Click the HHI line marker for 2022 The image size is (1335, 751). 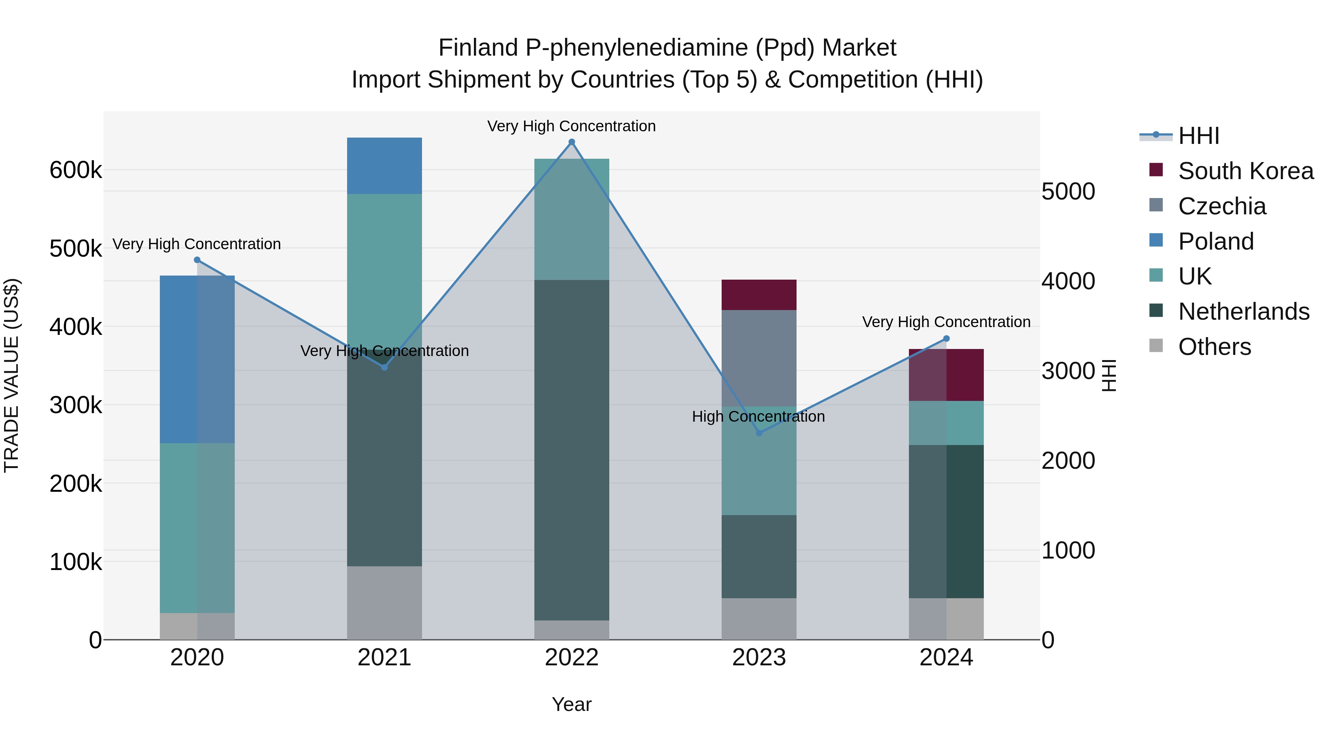(571, 142)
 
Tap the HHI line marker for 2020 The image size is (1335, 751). (197, 260)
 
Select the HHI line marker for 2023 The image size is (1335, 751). (759, 433)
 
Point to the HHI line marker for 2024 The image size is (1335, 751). (946, 339)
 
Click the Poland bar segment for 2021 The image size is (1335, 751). (384, 166)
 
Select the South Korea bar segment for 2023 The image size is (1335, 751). (759, 295)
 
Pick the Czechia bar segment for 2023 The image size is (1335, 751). (759, 358)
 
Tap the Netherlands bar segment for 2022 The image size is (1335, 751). (571, 450)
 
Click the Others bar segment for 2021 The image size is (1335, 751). (384, 602)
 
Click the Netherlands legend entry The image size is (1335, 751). (1243, 312)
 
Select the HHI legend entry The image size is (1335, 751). (1198, 136)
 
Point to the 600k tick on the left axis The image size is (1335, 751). (76, 170)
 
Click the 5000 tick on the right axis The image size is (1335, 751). (1068, 191)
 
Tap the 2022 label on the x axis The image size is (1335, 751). (571, 658)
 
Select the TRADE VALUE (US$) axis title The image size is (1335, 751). (11, 375)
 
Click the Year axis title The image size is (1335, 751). (571, 704)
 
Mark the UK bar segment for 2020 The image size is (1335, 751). (197, 528)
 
